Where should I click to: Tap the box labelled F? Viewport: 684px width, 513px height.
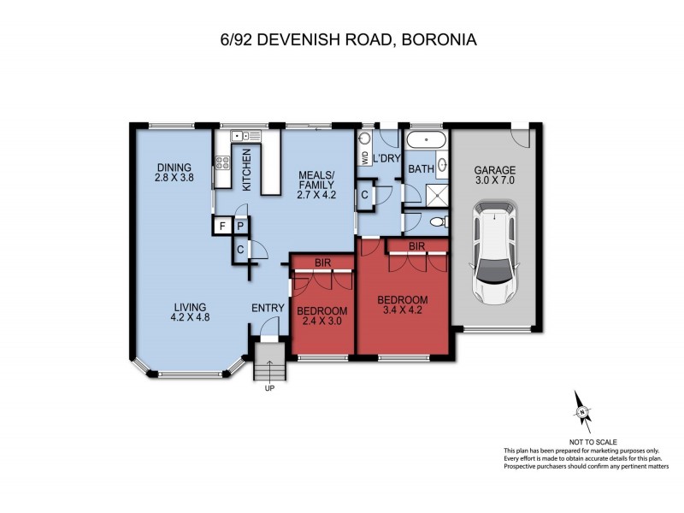tap(222, 226)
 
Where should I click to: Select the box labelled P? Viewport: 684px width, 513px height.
tap(240, 226)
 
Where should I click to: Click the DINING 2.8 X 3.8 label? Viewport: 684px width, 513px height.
tap(174, 173)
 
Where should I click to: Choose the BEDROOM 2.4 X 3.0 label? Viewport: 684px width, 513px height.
tap(323, 315)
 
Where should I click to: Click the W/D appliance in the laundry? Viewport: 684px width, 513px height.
tap(365, 158)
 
